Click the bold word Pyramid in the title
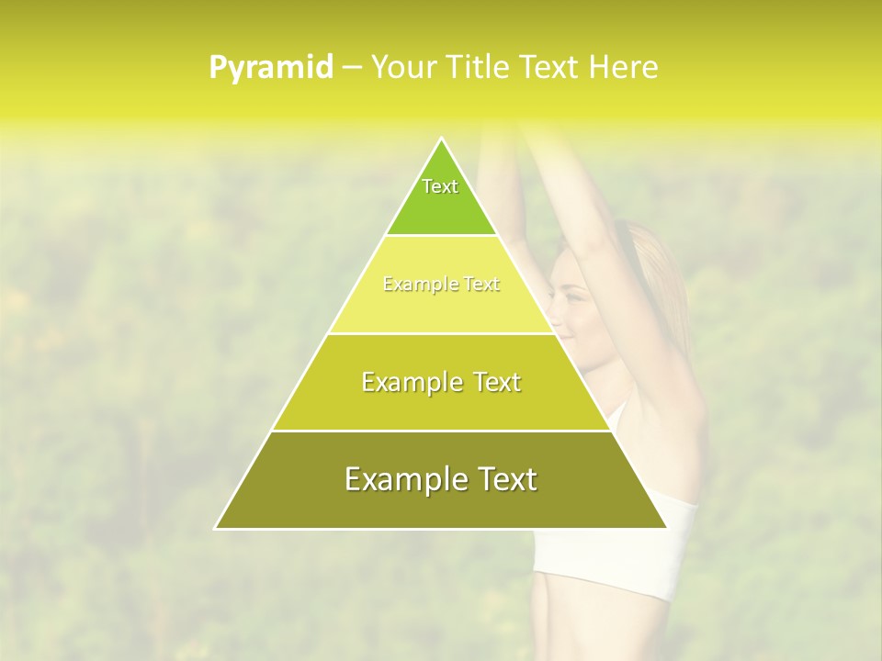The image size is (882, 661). pyautogui.click(x=270, y=68)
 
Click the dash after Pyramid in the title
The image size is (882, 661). pyautogui.click(x=352, y=68)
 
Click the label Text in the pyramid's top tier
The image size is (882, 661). pyautogui.click(x=440, y=186)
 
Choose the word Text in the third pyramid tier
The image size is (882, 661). pyautogui.click(x=495, y=382)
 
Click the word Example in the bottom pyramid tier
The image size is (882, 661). pyautogui.click(x=402, y=479)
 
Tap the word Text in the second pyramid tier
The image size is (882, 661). pyautogui.click(x=481, y=285)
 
